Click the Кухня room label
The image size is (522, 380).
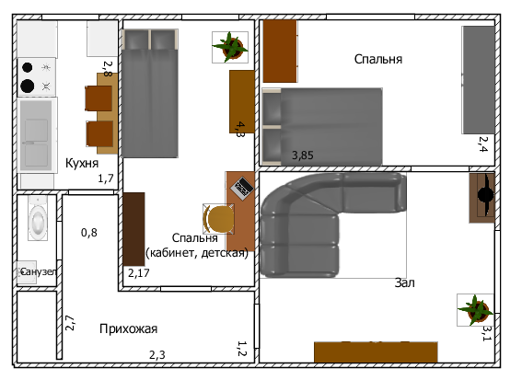82,163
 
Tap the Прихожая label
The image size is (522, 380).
129,328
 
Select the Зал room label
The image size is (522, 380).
405,282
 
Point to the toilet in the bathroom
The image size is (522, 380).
38,218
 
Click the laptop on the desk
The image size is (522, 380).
242,189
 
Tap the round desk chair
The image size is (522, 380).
219,219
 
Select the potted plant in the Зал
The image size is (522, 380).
475,310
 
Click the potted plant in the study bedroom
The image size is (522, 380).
230,47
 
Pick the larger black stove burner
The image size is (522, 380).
28,86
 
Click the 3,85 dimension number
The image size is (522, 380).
303,155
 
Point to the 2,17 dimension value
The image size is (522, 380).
139,273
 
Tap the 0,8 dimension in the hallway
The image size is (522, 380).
89,232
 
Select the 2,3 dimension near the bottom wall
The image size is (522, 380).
157,355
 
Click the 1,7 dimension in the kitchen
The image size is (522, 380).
106,178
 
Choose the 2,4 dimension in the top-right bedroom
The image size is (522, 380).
483,144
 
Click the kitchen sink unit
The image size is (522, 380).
37,135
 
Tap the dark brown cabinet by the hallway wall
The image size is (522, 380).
134,229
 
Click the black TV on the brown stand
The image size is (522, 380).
485,194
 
